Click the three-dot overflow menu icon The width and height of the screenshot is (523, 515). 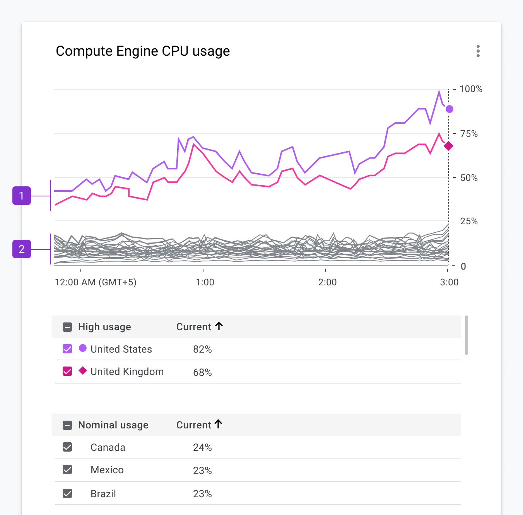point(478,51)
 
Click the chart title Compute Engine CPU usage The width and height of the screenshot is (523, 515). point(143,51)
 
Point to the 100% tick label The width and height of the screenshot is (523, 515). point(470,89)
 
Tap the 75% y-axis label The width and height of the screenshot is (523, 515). point(469,134)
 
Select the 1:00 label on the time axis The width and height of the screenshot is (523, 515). point(205,282)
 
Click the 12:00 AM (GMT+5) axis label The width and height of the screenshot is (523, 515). point(96,282)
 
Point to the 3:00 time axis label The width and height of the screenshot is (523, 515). point(449,282)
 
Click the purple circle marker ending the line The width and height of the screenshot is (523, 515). point(449,109)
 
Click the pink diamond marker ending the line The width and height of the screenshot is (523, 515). point(448,146)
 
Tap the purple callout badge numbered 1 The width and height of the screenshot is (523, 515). point(22,196)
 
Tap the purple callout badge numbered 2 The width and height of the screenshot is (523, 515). point(22,249)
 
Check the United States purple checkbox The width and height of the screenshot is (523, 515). point(67,349)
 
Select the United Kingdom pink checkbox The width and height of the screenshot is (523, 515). point(67,371)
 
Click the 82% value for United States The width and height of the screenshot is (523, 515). point(202,349)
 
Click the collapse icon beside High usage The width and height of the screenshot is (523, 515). point(67,327)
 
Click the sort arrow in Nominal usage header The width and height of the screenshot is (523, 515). point(219,424)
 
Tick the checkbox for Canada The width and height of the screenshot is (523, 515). point(67,447)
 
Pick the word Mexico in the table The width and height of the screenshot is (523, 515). point(107,470)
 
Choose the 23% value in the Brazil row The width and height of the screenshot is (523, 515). point(202,494)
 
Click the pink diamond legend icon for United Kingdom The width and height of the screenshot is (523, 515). point(82,370)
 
